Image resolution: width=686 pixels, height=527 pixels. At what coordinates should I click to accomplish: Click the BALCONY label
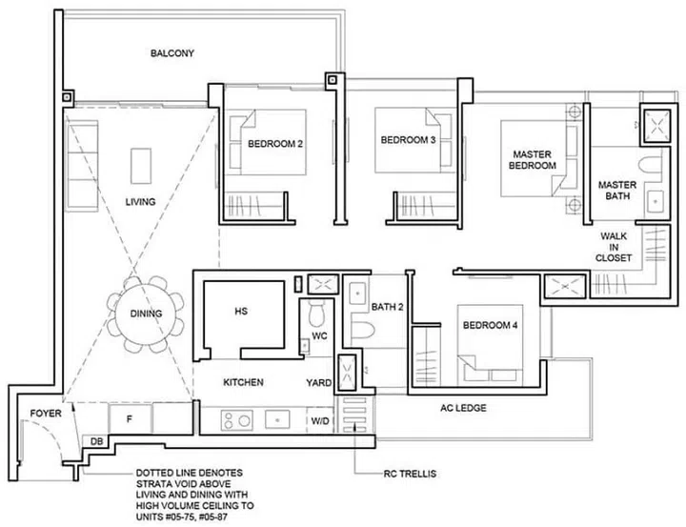(x=172, y=54)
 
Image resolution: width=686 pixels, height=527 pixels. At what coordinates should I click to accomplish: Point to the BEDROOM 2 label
(x=274, y=145)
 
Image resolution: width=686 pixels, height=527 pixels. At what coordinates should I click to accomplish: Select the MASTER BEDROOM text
(x=533, y=159)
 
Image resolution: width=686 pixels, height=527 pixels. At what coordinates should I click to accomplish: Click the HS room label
(x=241, y=311)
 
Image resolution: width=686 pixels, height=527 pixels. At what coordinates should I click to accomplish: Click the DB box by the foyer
(x=96, y=441)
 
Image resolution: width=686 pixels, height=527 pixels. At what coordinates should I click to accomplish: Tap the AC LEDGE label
(x=463, y=408)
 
